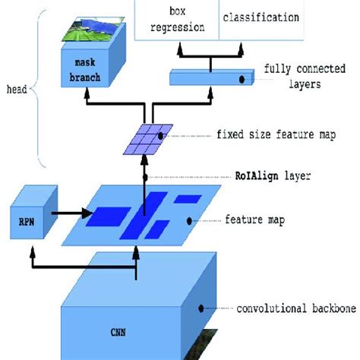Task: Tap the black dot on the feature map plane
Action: tap(190, 221)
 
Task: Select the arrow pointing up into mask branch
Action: tap(89, 101)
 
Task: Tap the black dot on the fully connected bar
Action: tap(242, 78)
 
